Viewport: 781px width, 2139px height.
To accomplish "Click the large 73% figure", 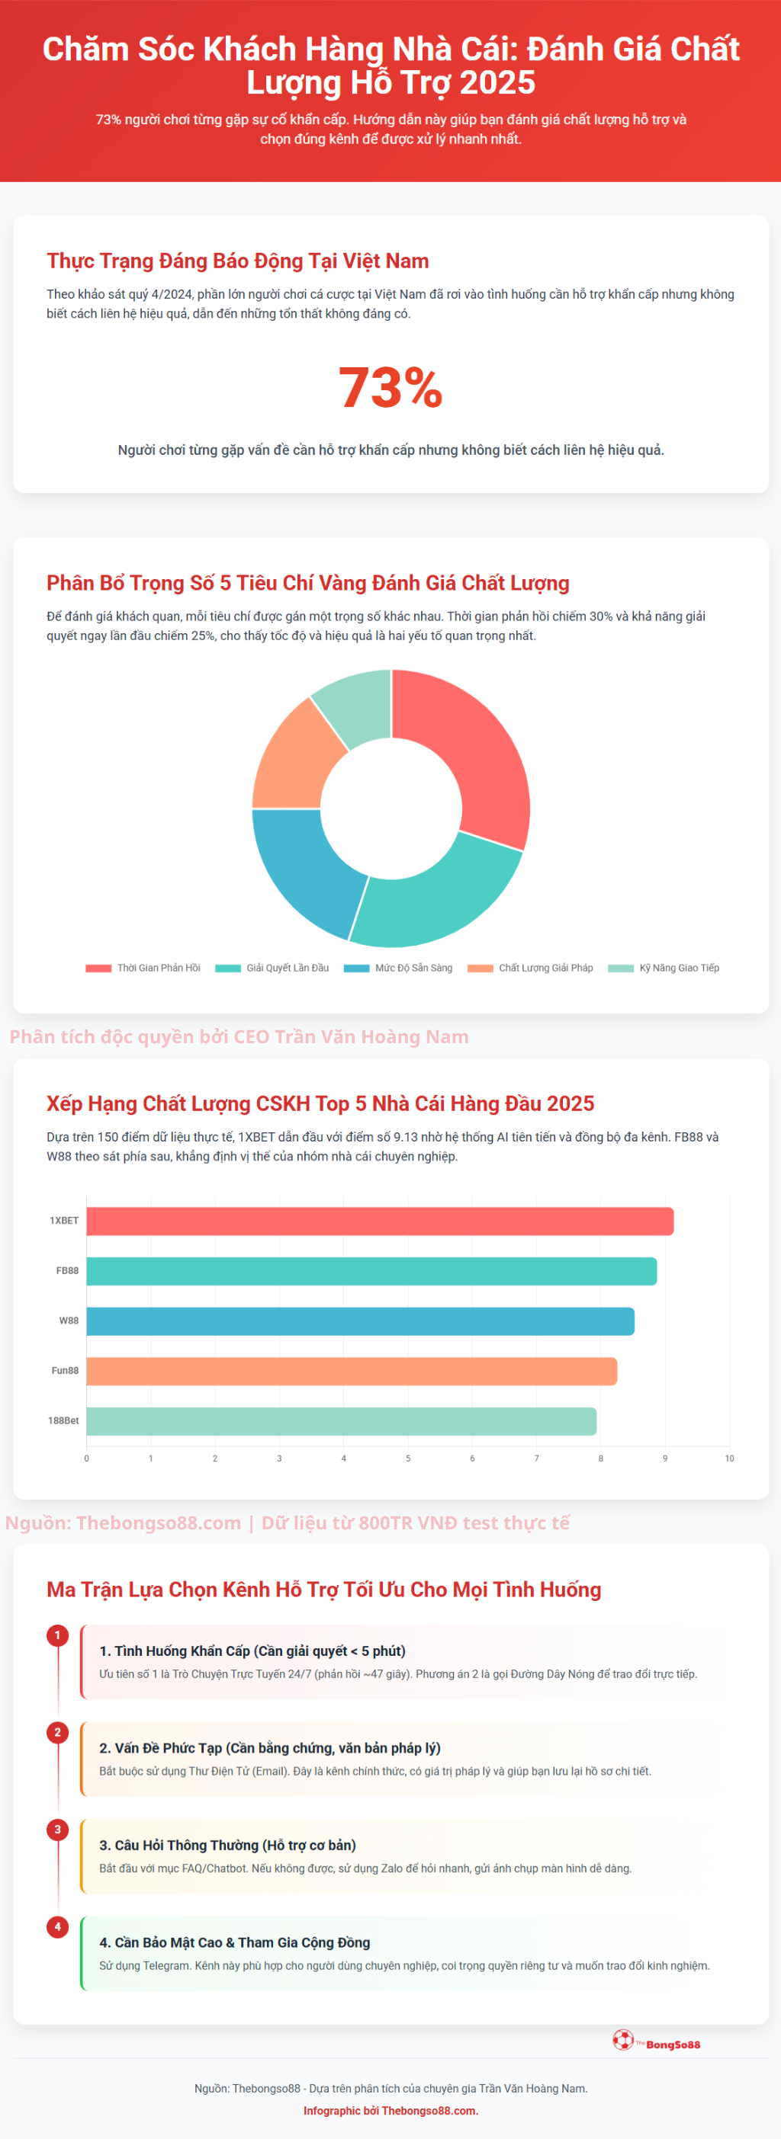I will pyautogui.click(x=390, y=388).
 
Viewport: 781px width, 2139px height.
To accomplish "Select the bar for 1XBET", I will pyautogui.click(x=380, y=1222).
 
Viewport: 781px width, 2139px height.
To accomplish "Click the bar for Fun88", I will pyautogui.click(x=352, y=1371).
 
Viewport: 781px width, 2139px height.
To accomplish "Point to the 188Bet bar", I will pyautogui.click(x=341, y=1420).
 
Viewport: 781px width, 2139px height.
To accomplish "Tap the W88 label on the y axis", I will pyautogui.click(x=69, y=1321).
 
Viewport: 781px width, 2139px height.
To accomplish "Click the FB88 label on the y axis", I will pyautogui.click(x=67, y=1271).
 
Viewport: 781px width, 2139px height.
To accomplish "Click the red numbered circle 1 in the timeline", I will pyautogui.click(x=57, y=1636).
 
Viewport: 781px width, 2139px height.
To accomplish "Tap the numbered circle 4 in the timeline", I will pyautogui.click(x=57, y=1927).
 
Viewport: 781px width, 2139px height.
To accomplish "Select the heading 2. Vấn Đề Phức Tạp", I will pyautogui.click(x=270, y=1748).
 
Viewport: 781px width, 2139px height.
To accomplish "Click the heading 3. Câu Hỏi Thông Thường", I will pyautogui.click(x=227, y=1845).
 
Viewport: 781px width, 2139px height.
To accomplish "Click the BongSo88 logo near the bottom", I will pyautogui.click(x=657, y=2041).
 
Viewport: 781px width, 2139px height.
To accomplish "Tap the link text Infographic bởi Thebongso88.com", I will pyautogui.click(x=390, y=2111).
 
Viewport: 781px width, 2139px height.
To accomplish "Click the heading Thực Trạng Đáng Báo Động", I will pyautogui.click(x=238, y=261).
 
